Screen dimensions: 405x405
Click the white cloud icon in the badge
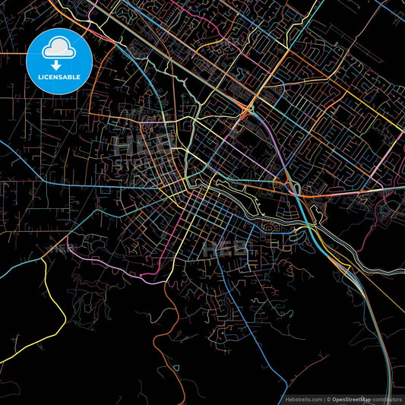(59, 48)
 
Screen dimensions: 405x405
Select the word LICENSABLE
(59, 77)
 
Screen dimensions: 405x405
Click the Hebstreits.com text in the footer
(303, 399)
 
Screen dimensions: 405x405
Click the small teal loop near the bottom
(176, 368)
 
